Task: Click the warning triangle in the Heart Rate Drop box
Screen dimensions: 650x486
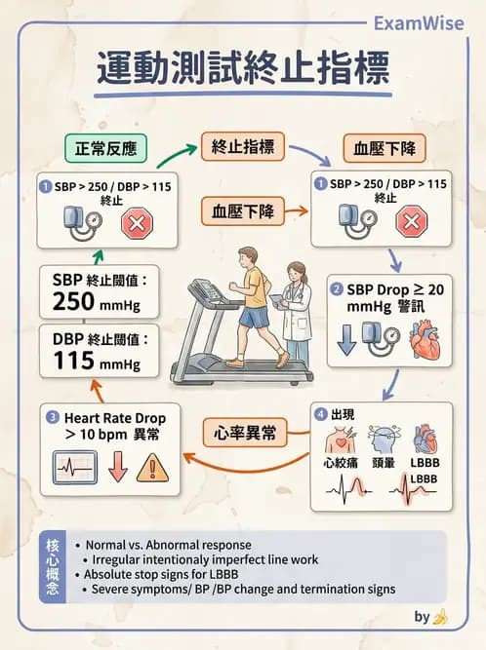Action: (x=152, y=468)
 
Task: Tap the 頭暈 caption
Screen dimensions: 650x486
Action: (x=384, y=462)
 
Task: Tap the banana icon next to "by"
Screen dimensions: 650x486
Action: (x=441, y=617)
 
